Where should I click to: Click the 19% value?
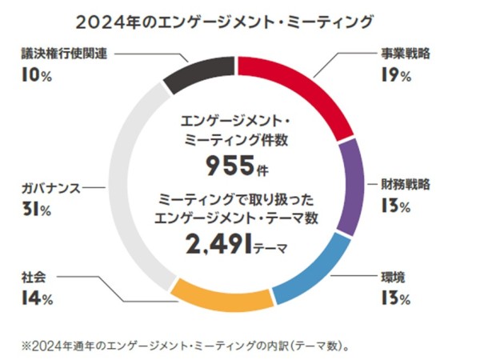396,77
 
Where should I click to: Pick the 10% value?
38,76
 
